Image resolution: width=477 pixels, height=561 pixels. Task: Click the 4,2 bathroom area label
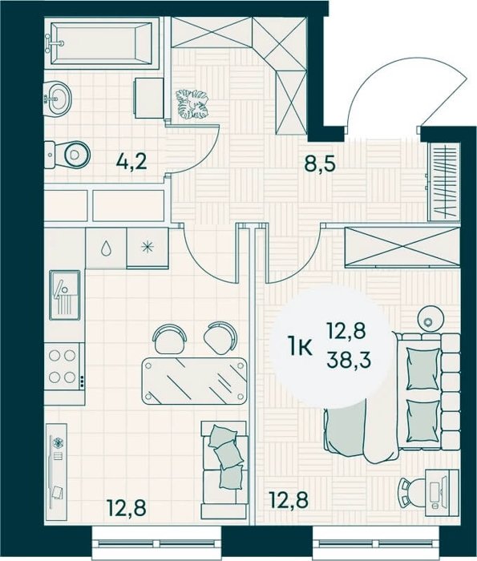(x=131, y=163)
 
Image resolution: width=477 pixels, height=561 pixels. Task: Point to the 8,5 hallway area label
(x=320, y=164)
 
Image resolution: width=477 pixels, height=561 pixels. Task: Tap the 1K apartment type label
(x=301, y=347)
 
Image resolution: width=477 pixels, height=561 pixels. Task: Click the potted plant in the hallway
(x=192, y=104)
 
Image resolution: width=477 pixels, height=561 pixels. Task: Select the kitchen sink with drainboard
(x=65, y=295)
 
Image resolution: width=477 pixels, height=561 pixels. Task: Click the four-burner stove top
(x=63, y=366)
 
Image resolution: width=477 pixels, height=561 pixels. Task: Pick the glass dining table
(x=194, y=381)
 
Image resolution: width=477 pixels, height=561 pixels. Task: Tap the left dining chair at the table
(x=170, y=338)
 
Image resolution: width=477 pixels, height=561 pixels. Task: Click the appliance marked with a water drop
(x=106, y=248)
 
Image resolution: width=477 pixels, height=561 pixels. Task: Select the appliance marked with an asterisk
(x=148, y=248)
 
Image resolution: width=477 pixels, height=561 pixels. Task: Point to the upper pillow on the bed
(x=423, y=369)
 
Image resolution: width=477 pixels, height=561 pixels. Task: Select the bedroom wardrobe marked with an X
(x=402, y=247)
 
